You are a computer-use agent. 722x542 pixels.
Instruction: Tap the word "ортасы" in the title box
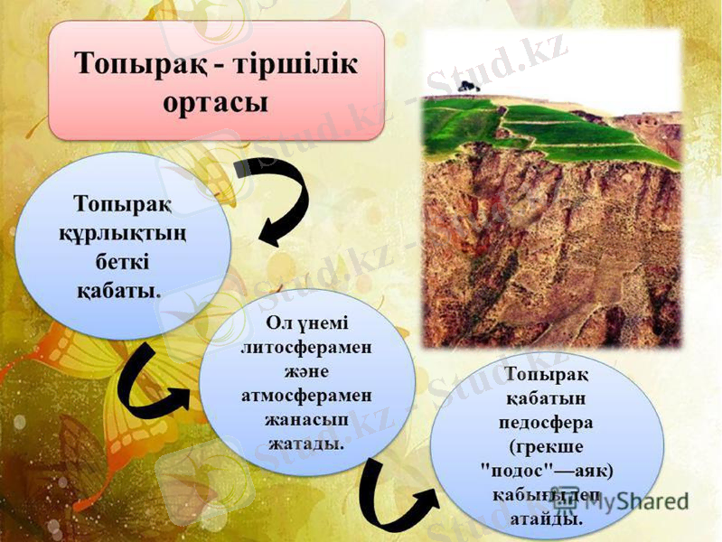pyautogui.click(x=216, y=100)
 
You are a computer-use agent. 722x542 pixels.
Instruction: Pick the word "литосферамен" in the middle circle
pyautogui.click(x=307, y=348)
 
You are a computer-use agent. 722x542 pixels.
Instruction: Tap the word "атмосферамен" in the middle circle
pyautogui.click(x=307, y=397)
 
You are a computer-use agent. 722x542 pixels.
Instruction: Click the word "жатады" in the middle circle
pyautogui.click(x=307, y=445)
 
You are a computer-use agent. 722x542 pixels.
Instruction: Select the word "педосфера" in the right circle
pyautogui.click(x=547, y=422)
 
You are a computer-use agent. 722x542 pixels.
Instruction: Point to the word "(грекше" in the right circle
pyautogui.click(x=547, y=446)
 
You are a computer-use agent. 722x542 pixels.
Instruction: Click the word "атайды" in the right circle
pyautogui.click(x=547, y=519)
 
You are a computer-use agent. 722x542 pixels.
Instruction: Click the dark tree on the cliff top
pyautogui.click(x=467, y=86)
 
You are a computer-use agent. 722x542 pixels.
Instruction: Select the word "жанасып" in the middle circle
pyautogui.click(x=307, y=421)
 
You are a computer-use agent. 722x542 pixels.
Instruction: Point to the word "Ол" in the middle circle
pyautogui.click(x=278, y=323)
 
